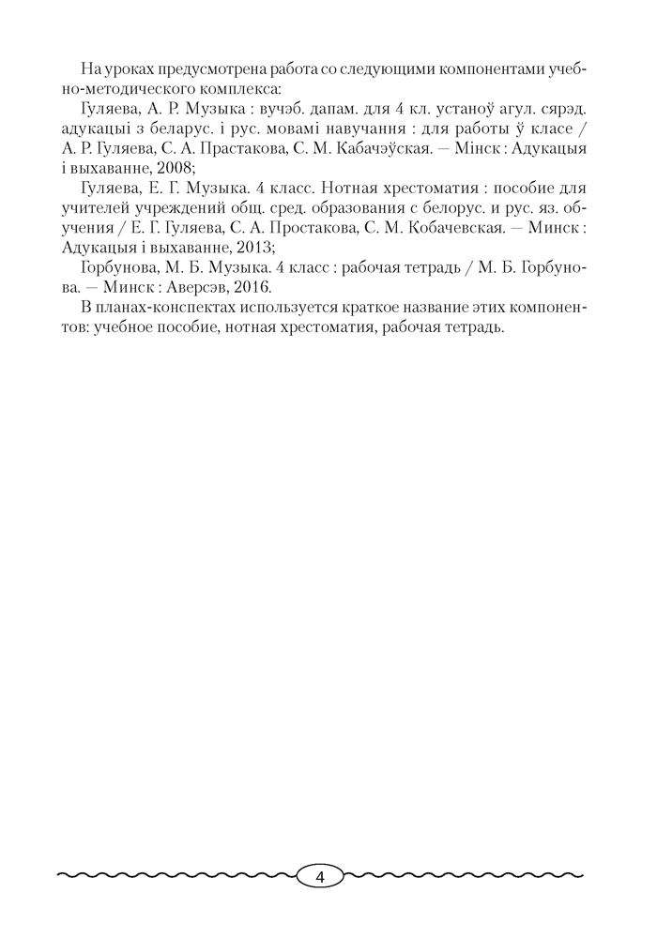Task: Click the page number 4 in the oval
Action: point(320,877)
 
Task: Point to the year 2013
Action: point(252,248)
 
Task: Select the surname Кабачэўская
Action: point(384,149)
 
